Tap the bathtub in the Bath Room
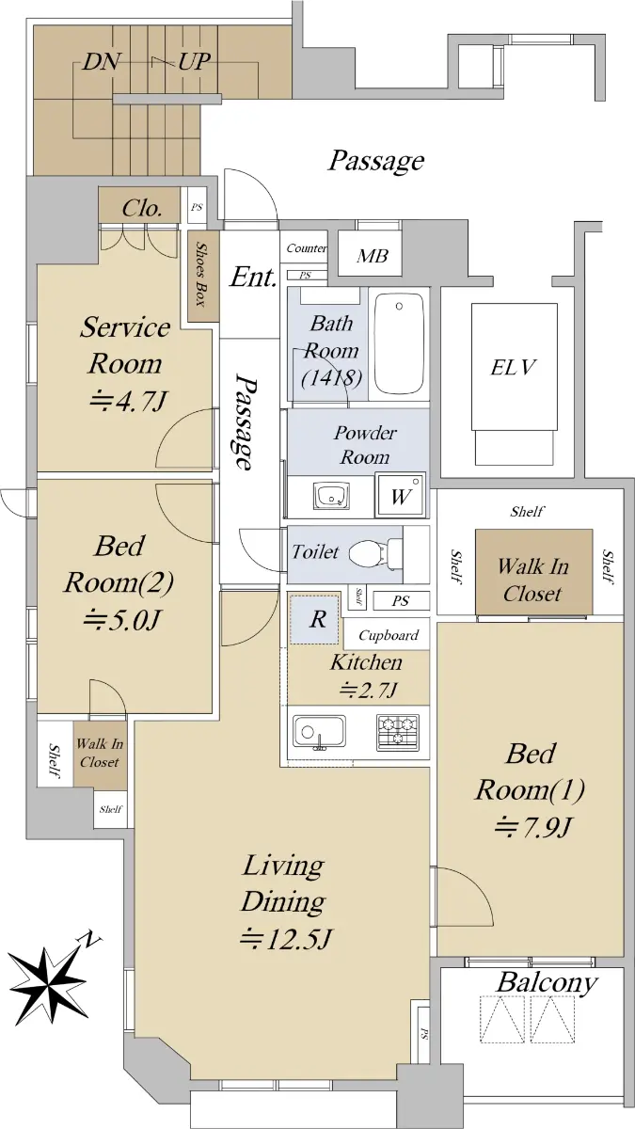[x=399, y=344]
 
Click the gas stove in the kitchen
[x=398, y=732]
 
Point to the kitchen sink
[x=319, y=733]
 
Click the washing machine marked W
[x=400, y=495]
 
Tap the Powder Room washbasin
[x=330, y=496]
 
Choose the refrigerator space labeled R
[x=315, y=619]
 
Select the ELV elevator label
[x=513, y=367]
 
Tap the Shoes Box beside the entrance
[x=203, y=277]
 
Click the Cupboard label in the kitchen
[x=388, y=635]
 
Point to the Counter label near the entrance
[x=307, y=248]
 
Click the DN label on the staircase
[x=102, y=62]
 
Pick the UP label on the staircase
[x=194, y=61]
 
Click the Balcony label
[x=547, y=982]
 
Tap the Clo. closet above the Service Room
[x=142, y=207]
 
